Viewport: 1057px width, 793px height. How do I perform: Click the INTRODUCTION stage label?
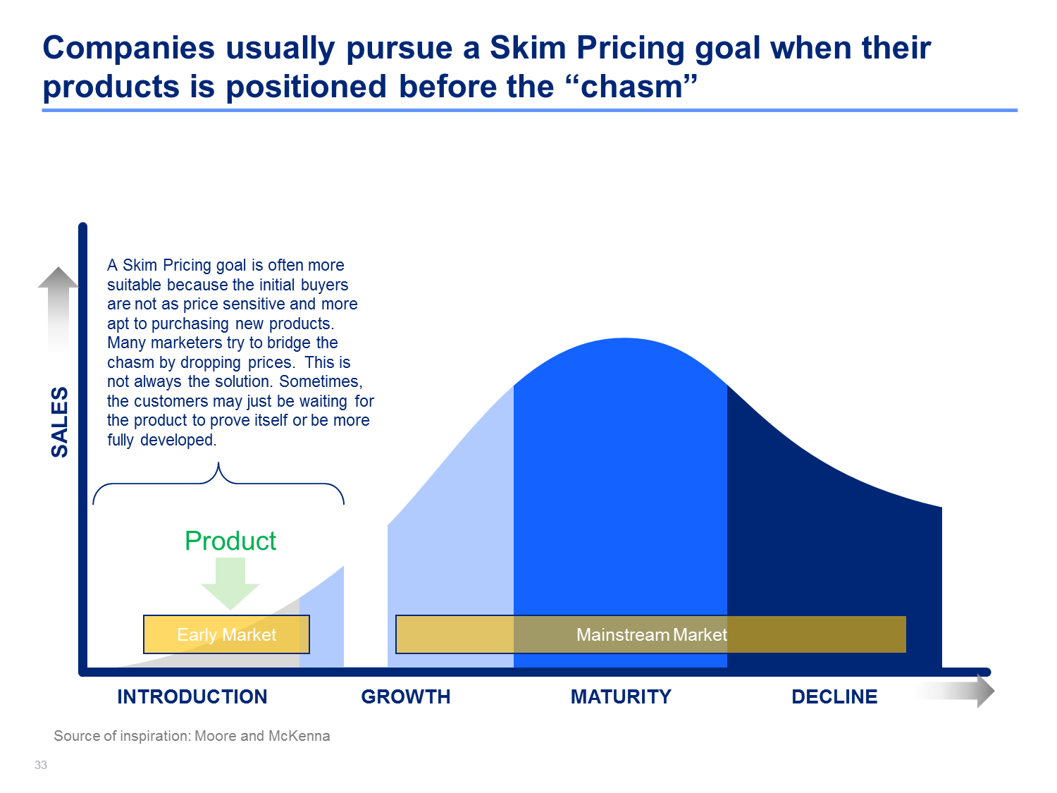pyautogui.click(x=192, y=696)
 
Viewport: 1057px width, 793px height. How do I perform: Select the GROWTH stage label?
pyautogui.click(x=405, y=696)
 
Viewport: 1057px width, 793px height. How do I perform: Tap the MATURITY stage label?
pyautogui.click(x=621, y=696)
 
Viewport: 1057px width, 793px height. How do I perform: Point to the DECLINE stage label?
pyautogui.click(x=834, y=696)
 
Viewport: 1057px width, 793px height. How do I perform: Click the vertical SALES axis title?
pyautogui.click(x=60, y=422)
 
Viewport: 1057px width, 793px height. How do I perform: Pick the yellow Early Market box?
pyautogui.click(x=226, y=634)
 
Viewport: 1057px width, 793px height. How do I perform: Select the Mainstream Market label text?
pyautogui.click(x=652, y=634)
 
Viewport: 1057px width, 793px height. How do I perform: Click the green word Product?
pyautogui.click(x=230, y=541)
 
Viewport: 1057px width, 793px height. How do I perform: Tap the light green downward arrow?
pyautogui.click(x=230, y=584)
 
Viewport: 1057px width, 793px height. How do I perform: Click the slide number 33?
pyautogui.click(x=41, y=765)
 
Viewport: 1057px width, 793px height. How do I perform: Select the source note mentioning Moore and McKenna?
pyautogui.click(x=192, y=736)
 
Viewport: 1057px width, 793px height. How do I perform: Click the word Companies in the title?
pyautogui.click(x=128, y=49)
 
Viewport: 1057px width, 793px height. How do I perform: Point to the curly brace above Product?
pyautogui.click(x=218, y=482)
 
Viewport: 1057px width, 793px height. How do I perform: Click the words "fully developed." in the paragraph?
pyautogui.click(x=162, y=440)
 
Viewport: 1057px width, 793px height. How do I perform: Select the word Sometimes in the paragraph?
pyautogui.click(x=321, y=382)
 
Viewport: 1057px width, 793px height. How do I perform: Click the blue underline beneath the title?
pyautogui.click(x=530, y=110)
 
